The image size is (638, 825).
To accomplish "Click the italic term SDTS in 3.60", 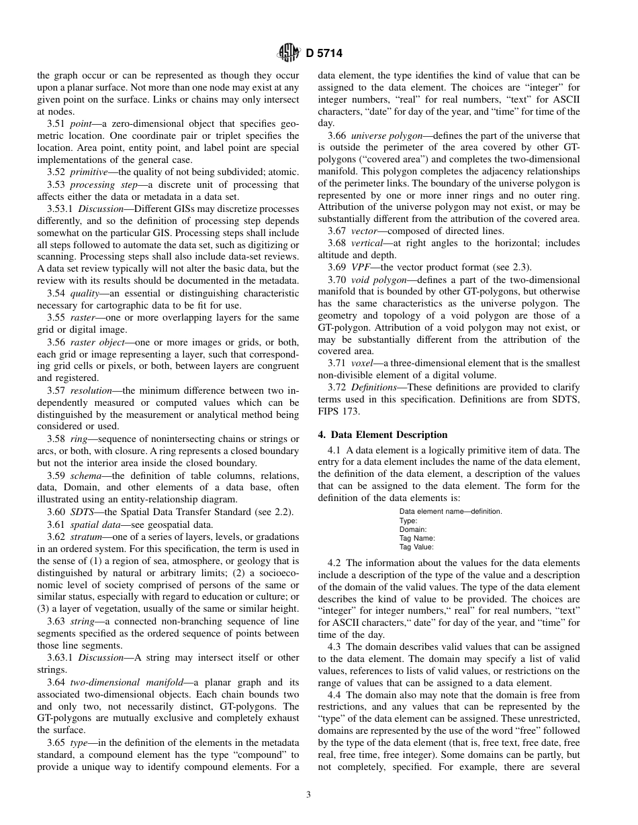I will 81,512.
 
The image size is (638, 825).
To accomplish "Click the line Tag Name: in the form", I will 417,538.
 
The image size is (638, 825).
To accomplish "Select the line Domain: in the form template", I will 413,529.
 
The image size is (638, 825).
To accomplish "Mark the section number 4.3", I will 334,647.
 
